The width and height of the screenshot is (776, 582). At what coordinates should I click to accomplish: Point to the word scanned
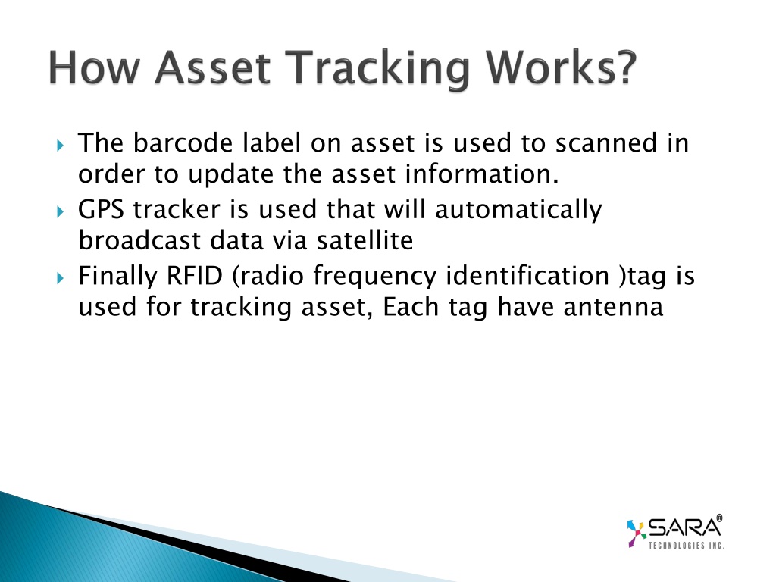606,142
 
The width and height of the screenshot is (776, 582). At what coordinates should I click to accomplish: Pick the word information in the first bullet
481,174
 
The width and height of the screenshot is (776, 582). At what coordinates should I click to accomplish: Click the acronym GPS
101,209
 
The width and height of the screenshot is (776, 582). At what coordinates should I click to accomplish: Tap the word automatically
518,210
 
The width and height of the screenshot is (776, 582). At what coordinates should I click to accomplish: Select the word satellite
365,240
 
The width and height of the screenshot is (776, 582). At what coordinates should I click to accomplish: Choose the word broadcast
140,240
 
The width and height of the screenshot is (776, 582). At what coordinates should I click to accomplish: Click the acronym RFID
195,275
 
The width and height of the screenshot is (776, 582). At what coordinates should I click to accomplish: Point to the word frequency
374,277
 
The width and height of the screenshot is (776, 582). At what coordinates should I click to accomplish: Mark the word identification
527,275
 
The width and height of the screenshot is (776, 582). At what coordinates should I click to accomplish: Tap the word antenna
613,307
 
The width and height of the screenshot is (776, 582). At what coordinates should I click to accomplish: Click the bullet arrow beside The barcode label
61,145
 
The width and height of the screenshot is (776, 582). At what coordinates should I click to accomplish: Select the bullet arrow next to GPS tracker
61,212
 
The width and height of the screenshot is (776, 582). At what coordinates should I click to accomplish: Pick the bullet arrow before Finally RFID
61,278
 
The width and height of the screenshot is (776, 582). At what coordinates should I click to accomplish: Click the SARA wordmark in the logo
684,527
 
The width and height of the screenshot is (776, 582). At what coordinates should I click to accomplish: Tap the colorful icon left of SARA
637,533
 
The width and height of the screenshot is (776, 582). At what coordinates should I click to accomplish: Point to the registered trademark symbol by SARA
719,518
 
